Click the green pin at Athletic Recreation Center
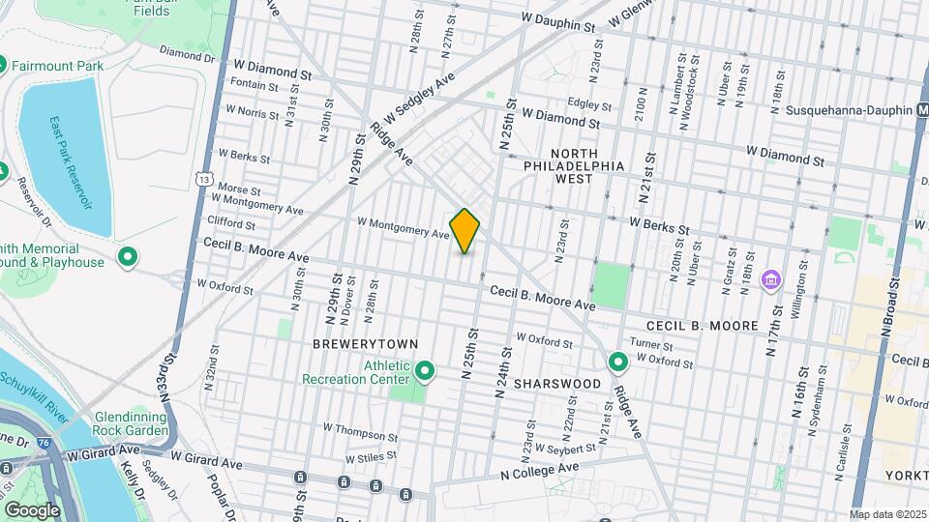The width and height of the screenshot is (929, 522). [x=424, y=370]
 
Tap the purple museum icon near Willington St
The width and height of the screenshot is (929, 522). [x=771, y=280]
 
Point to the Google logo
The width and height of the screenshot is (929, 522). [x=32, y=510]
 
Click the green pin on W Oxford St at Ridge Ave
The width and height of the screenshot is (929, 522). [x=618, y=362]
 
